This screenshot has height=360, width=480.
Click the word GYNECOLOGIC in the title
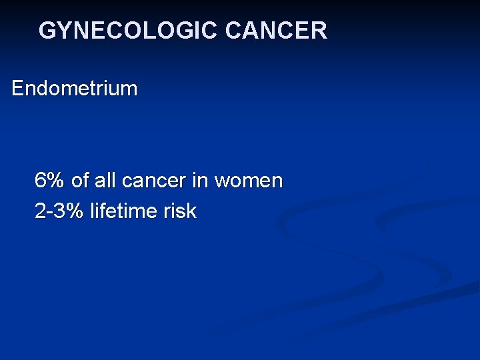pyautogui.click(x=129, y=31)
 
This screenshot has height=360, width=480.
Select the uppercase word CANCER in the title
pyautogui.click(x=276, y=31)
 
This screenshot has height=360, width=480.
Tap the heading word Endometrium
pyautogui.click(x=75, y=89)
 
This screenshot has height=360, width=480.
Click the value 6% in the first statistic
pyautogui.click(x=50, y=180)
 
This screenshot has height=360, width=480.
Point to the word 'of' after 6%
pyautogui.click(x=79, y=180)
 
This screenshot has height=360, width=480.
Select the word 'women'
pyautogui.click(x=249, y=181)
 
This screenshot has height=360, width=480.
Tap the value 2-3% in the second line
pyautogui.click(x=59, y=211)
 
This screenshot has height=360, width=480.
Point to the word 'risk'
pyautogui.click(x=180, y=211)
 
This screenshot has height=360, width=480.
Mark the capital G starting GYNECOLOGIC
pyautogui.click(x=47, y=31)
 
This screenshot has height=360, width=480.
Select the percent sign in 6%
pyautogui.click(x=56, y=180)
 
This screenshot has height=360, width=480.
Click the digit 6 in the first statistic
pyautogui.click(x=41, y=180)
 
